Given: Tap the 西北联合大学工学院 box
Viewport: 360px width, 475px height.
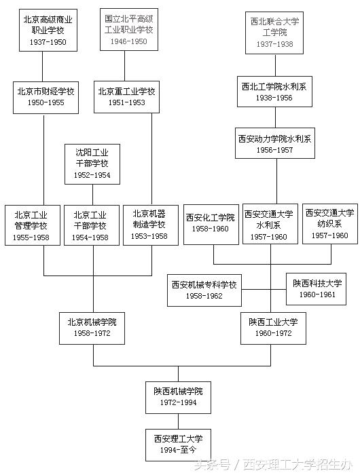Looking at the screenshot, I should tap(274, 31).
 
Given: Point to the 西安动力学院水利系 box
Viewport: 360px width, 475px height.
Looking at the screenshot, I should tap(274, 144).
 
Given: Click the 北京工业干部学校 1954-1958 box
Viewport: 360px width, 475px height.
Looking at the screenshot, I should tap(90, 225).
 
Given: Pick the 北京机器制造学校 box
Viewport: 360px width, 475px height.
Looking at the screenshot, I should tap(149, 225).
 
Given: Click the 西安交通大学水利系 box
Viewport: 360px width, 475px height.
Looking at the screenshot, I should tap(269, 224).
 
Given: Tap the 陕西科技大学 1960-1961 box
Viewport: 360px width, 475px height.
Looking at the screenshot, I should tap(318, 290).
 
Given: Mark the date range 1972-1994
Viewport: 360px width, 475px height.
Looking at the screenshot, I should tap(179, 402).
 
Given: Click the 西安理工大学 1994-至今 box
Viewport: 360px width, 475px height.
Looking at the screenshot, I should tap(179, 444).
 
